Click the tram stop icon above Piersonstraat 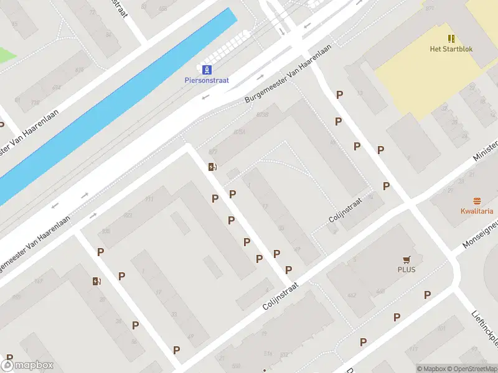pos(206,69)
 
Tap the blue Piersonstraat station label pos(207,80)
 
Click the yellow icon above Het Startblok pos(451,39)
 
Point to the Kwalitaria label pos(477,211)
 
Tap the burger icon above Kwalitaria pos(477,200)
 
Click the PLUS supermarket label pos(406,270)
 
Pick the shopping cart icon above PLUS pos(406,260)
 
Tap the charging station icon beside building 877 pos(212,167)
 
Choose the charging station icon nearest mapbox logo pos(96,281)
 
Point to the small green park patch pos(6,55)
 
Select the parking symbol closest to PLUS pos(428,295)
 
